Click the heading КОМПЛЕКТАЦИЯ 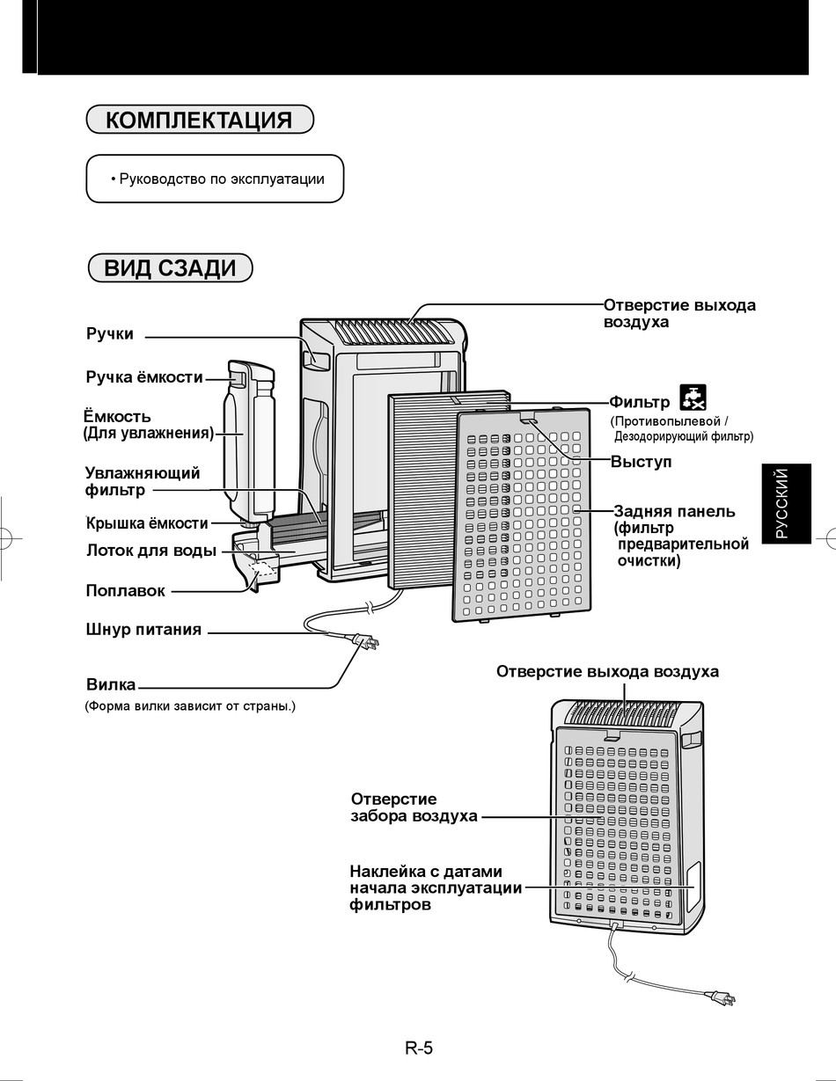tap(199, 120)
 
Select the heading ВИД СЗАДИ tap(170, 267)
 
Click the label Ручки tap(110, 334)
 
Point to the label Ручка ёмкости tap(143, 377)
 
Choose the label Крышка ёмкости tap(147, 523)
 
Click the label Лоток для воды tap(150, 551)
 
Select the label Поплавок tap(125, 591)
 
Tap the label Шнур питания tap(143, 630)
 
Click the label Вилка tap(111, 684)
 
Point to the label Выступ tap(641, 462)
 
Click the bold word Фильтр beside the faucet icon tap(640, 403)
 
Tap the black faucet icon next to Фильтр tap(693, 398)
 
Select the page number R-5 tap(419, 1048)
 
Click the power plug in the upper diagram tap(365, 643)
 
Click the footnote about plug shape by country tap(190, 705)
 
